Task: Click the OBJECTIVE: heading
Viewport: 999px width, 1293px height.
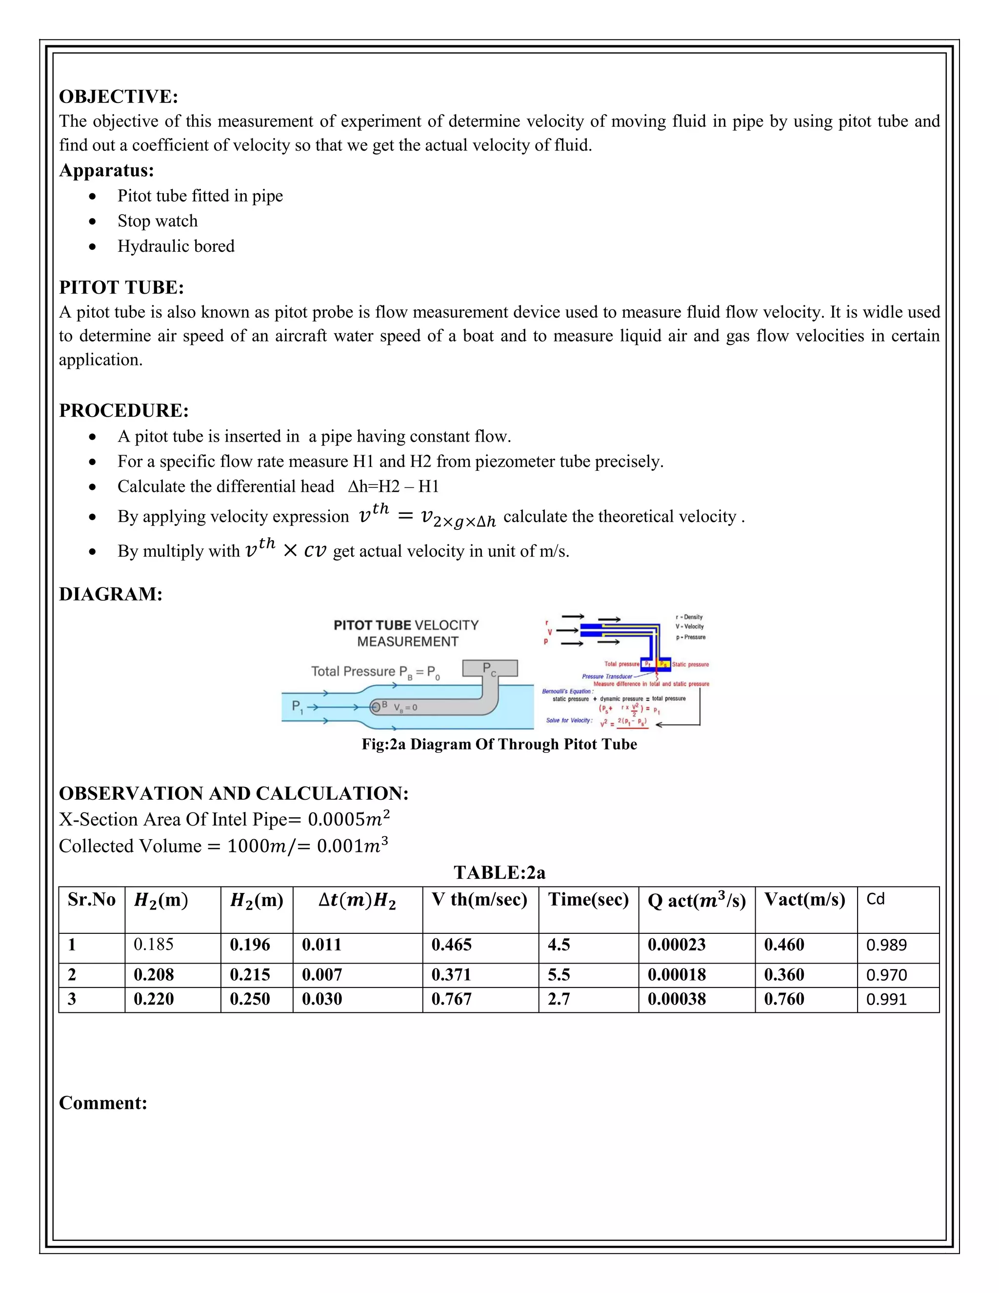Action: (119, 97)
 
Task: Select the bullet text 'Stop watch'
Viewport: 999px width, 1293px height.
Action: (158, 221)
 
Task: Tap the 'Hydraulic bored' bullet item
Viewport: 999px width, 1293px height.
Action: (176, 246)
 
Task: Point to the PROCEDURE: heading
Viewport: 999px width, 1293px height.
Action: (124, 410)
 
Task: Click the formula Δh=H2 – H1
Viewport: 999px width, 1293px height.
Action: (394, 486)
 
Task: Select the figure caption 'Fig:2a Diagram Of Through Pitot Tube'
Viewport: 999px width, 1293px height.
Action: (499, 744)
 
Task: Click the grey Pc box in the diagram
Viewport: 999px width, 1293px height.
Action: (489, 668)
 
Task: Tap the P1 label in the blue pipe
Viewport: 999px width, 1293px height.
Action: (297, 707)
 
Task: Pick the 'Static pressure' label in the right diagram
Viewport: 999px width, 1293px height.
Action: (690, 664)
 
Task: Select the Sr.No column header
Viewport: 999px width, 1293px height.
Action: (92, 899)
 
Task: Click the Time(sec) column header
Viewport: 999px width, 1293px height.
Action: (588, 899)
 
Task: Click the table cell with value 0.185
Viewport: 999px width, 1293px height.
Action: (153, 944)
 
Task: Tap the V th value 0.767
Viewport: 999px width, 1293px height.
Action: (451, 999)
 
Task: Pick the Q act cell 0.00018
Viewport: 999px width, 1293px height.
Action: (676, 974)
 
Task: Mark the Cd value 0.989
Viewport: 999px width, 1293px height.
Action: (886, 945)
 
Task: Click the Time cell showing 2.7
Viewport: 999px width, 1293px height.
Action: (559, 999)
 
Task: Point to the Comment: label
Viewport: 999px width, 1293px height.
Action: (103, 1103)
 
